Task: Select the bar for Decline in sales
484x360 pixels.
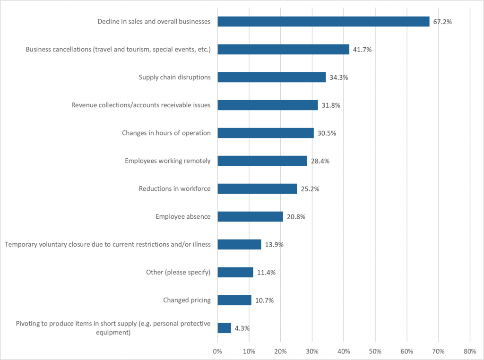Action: (x=323, y=22)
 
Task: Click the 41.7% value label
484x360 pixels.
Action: (x=362, y=50)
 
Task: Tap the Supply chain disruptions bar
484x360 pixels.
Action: (x=271, y=77)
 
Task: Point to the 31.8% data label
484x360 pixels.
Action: (x=330, y=105)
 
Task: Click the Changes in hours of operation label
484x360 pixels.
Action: (x=166, y=133)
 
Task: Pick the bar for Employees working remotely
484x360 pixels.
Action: (x=262, y=161)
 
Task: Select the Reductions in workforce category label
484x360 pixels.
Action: (x=175, y=189)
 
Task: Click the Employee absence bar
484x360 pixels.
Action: (x=250, y=216)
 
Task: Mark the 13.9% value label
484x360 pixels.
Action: (x=274, y=245)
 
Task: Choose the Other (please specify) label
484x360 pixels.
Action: (x=178, y=272)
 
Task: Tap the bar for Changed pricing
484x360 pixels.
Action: (x=234, y=300)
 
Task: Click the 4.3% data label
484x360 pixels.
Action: (x=242, y=328)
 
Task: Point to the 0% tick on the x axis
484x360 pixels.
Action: (x=217, y=351)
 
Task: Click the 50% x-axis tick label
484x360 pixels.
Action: (x=375, y=351)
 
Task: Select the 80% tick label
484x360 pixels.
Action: (x=470, y=351)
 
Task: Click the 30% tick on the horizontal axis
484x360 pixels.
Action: (x=312, y=351)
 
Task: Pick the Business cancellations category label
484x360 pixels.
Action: (x=118, y=50)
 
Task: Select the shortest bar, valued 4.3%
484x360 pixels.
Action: (x=224, y=328)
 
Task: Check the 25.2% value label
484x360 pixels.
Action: (x=310, y=189)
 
